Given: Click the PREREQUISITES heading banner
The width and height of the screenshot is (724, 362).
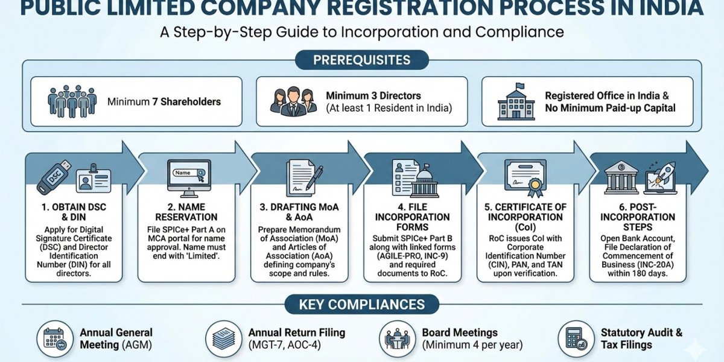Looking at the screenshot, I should click(x=362, y=60).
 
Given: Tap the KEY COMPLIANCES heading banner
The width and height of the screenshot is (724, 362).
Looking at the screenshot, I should click(x=362, y=305).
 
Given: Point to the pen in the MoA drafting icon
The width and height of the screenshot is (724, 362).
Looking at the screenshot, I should click(x=314, y=178).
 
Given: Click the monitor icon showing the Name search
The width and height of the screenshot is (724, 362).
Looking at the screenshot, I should click(x=188, y=178).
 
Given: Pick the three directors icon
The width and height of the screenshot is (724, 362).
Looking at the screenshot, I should click(x=293, y=101).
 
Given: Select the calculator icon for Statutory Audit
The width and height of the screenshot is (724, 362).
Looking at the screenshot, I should click(x=575, y=340).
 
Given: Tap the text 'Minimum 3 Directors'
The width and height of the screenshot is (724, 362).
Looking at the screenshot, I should click(x=373, y=96).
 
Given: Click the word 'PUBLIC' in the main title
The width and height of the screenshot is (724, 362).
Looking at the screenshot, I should click(x=57, y=8).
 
